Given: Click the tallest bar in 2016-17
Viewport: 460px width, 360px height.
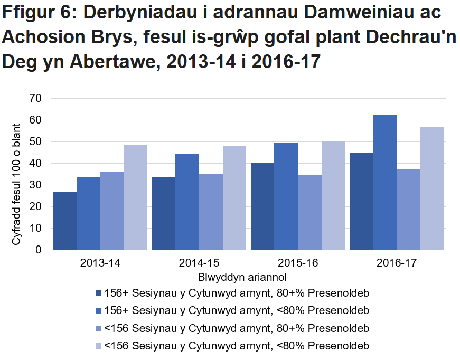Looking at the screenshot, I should [384, 182].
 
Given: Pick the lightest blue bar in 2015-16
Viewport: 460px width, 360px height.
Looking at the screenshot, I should [333, 195].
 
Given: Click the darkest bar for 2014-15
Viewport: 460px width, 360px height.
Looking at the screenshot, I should [163, 214].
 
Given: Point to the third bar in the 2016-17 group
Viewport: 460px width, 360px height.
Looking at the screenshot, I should [408, 210].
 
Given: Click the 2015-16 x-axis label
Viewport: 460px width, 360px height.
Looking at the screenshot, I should [297, 262].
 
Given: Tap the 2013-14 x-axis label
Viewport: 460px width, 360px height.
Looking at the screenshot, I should [100, 262].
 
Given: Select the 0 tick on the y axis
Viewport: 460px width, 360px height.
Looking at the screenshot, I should [38, 250].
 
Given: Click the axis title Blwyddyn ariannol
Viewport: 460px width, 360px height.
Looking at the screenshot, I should [243, 276].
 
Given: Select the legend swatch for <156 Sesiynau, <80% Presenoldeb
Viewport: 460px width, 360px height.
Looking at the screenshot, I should [98, 346].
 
